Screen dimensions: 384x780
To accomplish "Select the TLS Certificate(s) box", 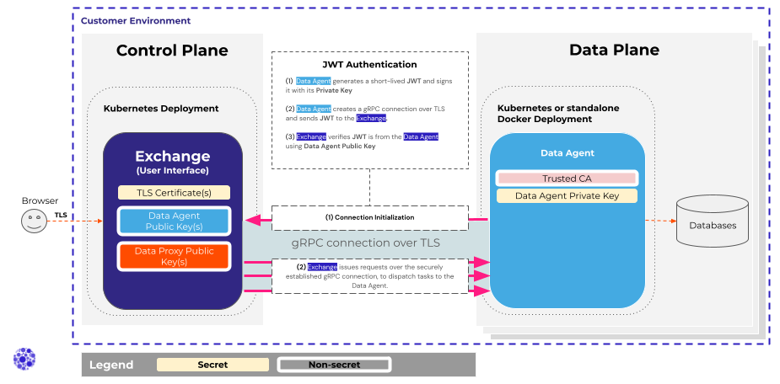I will (x=174, y=193).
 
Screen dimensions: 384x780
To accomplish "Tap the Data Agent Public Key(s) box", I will (x=174, y=221).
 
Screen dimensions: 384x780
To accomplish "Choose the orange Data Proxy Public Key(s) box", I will (x=174, y=256).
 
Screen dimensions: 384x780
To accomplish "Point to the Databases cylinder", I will (x=713, y=222).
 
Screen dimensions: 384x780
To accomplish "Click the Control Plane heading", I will (x=172, y=51).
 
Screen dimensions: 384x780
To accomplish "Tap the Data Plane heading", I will (x=614, y=51).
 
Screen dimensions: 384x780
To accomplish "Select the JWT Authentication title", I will (x=369, y=64).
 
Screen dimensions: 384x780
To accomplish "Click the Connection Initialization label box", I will (x=369, y=217).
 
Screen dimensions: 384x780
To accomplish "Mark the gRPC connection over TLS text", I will (x=366, y=243).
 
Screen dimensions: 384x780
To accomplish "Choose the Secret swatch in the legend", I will (x=212, y=365).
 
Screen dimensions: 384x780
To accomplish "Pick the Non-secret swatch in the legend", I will (x=334, y=365).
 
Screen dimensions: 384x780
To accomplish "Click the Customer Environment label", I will (x=136, y=21).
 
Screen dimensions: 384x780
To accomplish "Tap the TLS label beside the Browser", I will (x=61, y=215).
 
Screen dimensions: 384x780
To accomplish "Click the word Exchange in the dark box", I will (x=172, y=156).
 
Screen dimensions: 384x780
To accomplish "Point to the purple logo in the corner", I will (x=24, y=358).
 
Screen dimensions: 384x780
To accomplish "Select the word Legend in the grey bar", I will (x=111, y=365).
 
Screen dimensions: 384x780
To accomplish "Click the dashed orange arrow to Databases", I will (x=660, y=222).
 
